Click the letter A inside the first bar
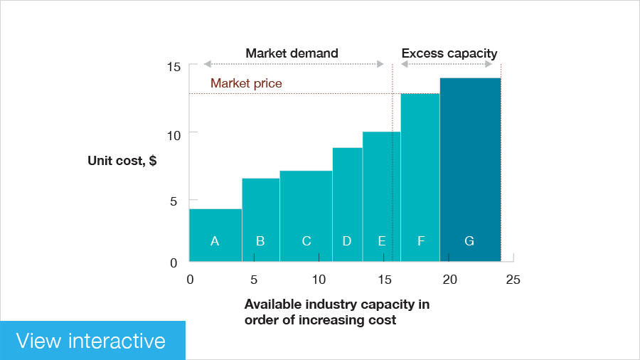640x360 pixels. tap(215, 241)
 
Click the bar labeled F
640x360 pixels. tap(420, 177)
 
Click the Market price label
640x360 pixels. tap(246, 83)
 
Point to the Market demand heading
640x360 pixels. tap(292, 53)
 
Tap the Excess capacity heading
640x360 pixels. tap(449, 53)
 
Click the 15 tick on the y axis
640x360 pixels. tap(174, 67)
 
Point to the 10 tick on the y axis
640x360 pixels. tap(174, 134)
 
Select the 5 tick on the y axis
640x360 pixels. tap(174, 201)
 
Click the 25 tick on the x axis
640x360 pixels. tap(513, 280)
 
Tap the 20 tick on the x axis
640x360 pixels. tap(449, 280)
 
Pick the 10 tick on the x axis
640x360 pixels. tap(319, 280)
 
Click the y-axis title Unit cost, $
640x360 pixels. tap(122, 161)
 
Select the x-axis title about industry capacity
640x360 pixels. tap(336, 312)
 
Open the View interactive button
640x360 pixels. tap(92, 340)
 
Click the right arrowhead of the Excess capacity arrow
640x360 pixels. tap(489, 64)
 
